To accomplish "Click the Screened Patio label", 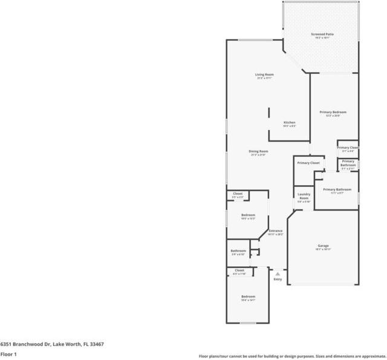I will click(x=322, y=34).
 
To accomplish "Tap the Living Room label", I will click(x=264, y=74).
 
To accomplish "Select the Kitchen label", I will click(x=290, y=123).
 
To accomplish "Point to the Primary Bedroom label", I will click(x=333, y=113).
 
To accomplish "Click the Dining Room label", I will click(x=258, y=151).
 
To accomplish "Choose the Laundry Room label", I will click(x=304, y=197).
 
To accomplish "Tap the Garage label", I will click(x=324, y=246).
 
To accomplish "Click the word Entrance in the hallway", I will click(x=275, y=231).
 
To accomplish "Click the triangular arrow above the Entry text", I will click(x=278, y=273).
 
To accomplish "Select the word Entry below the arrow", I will click(x=278, y=279).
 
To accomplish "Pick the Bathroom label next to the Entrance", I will click(x=238, y=250).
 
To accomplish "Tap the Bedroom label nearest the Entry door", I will click(x=249, y=296).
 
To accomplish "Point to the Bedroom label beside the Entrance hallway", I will click(x=248, y=215).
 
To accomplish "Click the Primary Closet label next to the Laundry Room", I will click(x=308, y=163).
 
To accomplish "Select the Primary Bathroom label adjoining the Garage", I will click(x=337, y=189).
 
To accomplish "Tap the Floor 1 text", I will click(x=8, y=354).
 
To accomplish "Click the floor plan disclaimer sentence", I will click(x=292, y=356).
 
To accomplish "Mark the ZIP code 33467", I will click(x=96, y=344).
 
